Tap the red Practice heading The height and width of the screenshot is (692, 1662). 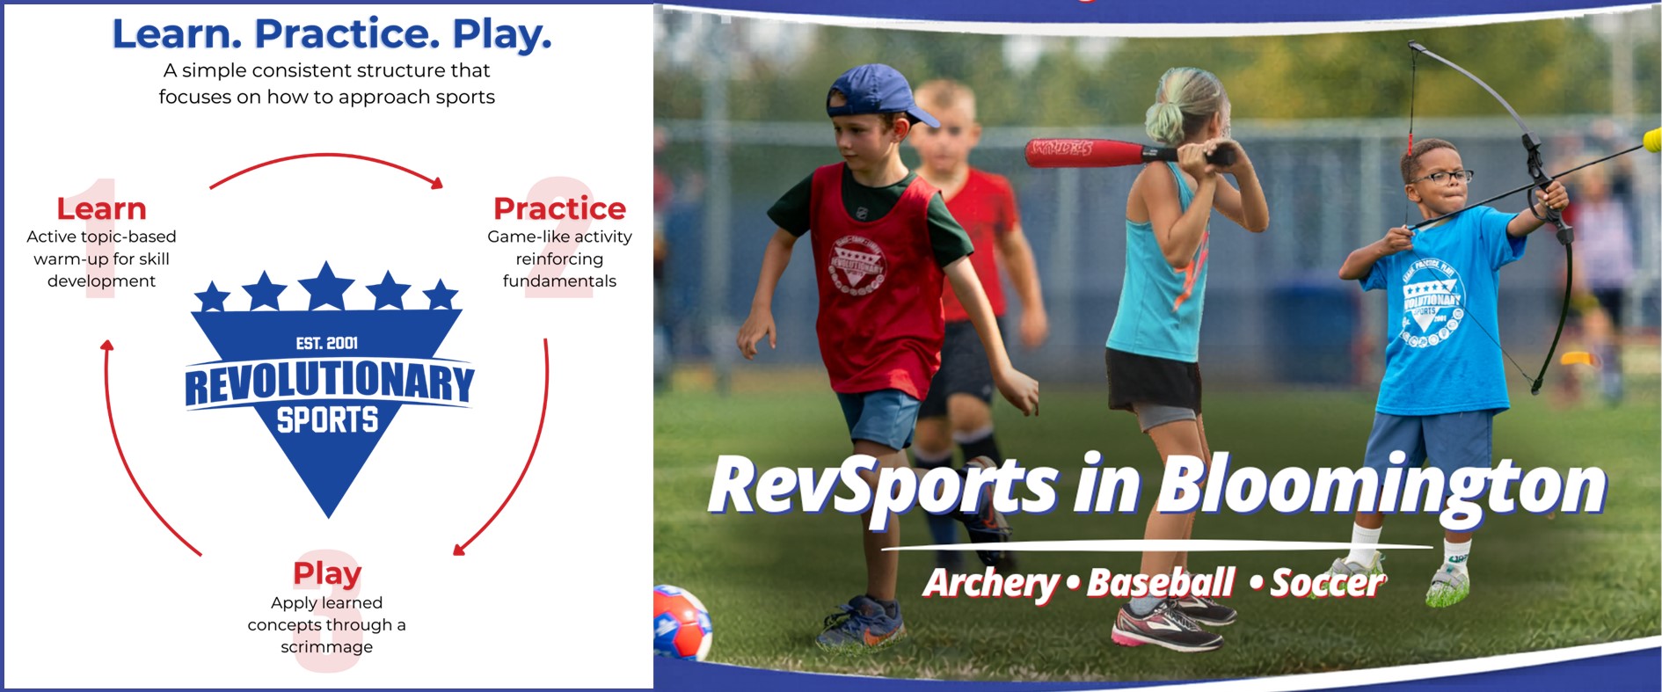point(559,208)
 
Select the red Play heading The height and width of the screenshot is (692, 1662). point(327,573)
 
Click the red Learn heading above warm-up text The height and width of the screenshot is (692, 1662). point(101,208)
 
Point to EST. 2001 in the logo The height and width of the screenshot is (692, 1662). point(327,343)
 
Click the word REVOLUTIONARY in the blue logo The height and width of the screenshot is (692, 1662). point(329,384)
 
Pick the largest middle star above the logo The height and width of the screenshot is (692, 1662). point(327,286)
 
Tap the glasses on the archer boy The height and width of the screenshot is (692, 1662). point(1442,177)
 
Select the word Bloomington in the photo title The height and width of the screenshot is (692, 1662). point(1381,486)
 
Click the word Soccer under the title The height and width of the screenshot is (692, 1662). point(1327,583)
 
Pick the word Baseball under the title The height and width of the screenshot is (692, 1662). point(1161,583)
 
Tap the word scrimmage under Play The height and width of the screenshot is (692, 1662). point(327,647)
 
